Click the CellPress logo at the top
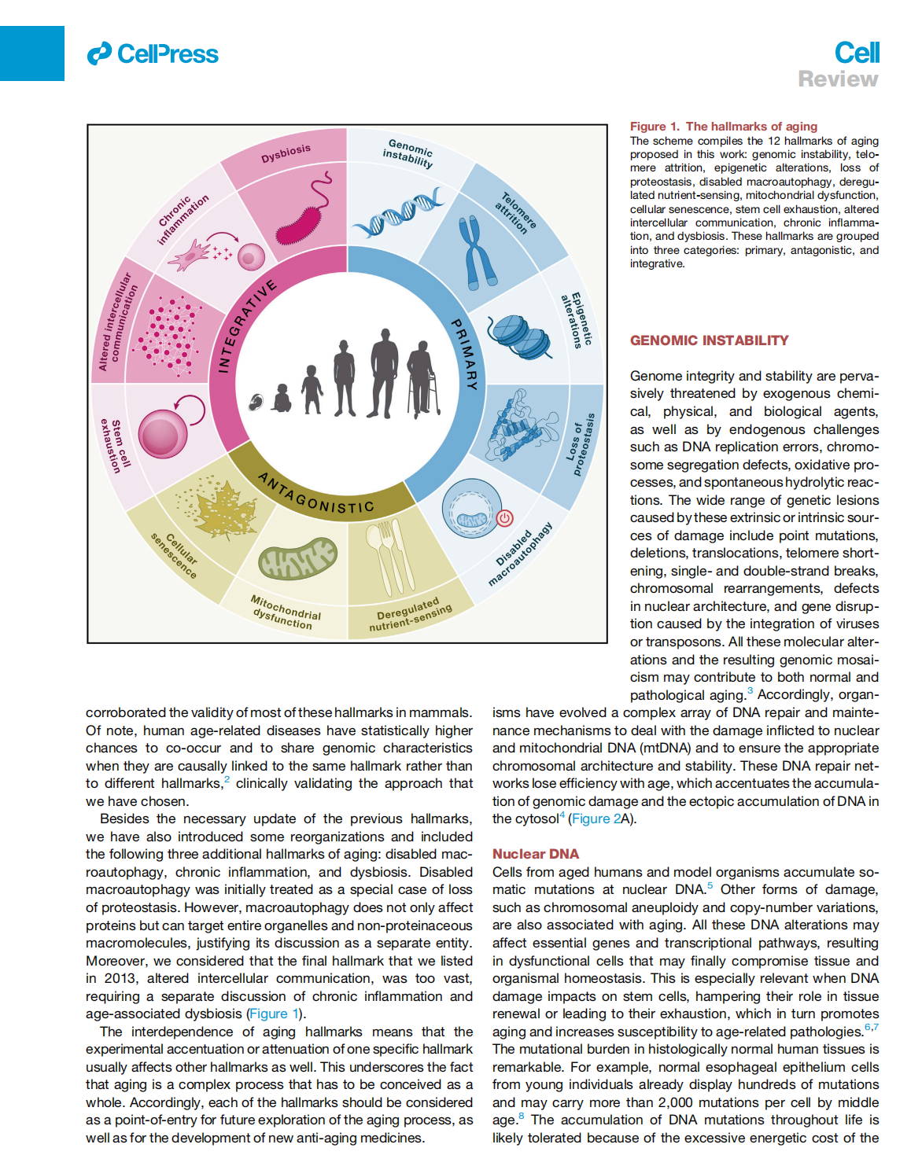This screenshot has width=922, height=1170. [153, 54]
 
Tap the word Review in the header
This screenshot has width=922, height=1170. [838, 79]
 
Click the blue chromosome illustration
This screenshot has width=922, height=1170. [476, 252]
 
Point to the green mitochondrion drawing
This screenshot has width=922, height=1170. [298, 558]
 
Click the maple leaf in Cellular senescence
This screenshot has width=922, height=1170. [217, 510]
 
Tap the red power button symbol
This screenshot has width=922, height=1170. [505, 517]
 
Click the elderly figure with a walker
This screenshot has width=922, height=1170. [424, 377]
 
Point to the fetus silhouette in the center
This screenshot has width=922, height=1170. [256, 403]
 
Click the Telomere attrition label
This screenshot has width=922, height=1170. [515, 213]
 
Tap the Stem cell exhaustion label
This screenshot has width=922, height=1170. [112, 445]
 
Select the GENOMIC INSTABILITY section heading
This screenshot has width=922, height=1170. [709, 340]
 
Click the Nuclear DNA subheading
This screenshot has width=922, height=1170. [535, 854]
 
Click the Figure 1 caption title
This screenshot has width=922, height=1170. [723, 127]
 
